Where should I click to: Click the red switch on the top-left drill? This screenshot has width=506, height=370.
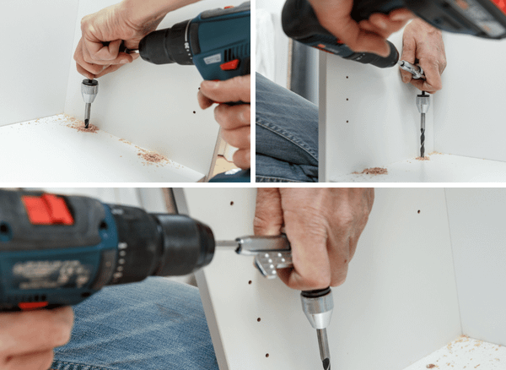(229, 64)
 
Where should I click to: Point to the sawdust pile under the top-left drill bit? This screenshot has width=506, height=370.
(83, 127)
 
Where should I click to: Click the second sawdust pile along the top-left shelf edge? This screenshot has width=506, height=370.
(153, 157)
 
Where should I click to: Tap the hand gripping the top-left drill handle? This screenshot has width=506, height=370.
(229, 114)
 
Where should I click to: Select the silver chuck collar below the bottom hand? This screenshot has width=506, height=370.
(318, 309)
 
